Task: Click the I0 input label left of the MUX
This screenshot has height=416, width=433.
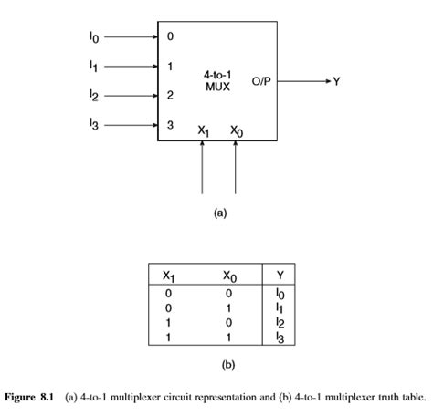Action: [x=94, y=38]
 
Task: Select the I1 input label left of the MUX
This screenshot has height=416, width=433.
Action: [x=94, y=66]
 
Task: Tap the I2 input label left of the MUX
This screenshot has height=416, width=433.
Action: [x=94, y=94]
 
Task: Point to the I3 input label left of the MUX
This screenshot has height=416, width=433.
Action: [x=94, y=123]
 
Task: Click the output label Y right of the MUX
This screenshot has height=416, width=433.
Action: [x=336, y=81]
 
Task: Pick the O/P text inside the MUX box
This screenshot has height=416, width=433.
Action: [x=263, y=81]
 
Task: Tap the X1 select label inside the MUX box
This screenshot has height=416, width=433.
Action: [x=203, y=130]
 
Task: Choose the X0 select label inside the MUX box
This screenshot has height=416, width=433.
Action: [x=237, y=130]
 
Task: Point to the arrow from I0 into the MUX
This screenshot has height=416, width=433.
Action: [x=128, y=38]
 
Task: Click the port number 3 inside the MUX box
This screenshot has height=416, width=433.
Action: [x=169, y=124]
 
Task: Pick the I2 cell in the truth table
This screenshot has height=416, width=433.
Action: [x=280, y=324]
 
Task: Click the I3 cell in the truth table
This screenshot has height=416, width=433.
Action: [x=280, y=338]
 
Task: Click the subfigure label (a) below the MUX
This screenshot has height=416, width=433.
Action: [x=219, y=212]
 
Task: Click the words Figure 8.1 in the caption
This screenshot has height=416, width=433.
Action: [x=33, y=398]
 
